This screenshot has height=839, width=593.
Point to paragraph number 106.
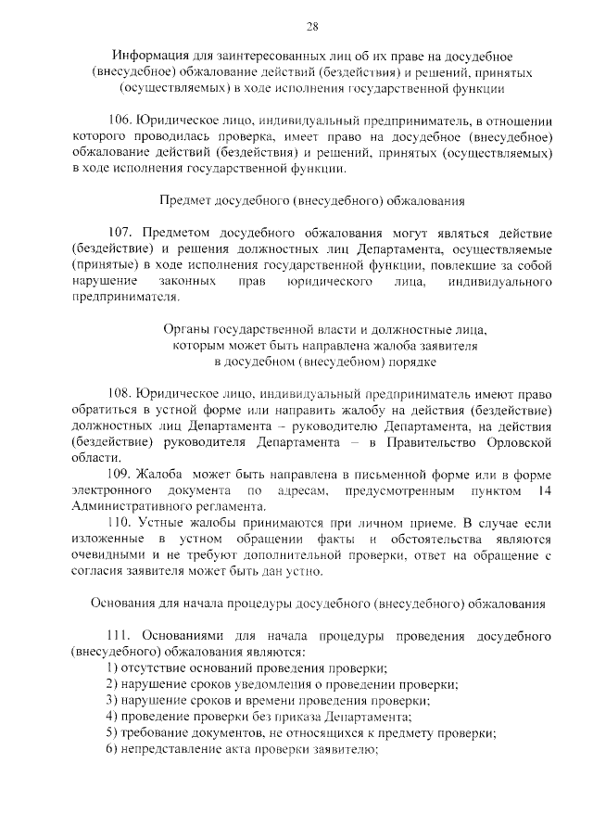point(120,120)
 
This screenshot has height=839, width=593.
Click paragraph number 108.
point(120,393)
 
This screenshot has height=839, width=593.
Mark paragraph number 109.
point(120,474)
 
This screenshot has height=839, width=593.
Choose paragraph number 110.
point(120,523)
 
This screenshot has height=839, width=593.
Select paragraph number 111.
point(120,637)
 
